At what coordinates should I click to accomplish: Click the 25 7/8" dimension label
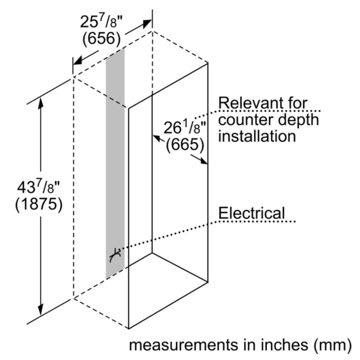(101, 21)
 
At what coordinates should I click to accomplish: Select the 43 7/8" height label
(39, 187)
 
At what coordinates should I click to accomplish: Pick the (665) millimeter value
(185, 144)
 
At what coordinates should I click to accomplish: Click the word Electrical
(251, 213)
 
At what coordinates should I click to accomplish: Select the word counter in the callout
(246, 120)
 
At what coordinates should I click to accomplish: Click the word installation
(257, 136)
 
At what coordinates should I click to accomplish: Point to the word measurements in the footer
(184, 345)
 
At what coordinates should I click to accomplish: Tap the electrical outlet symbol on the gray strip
(115, 255)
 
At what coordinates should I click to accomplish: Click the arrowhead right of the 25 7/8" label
(147, 23)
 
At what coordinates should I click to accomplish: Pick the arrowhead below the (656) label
(78, 60)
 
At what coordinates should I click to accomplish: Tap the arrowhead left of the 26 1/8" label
(157, 138)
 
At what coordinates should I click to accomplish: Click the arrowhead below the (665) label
(203, 161)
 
